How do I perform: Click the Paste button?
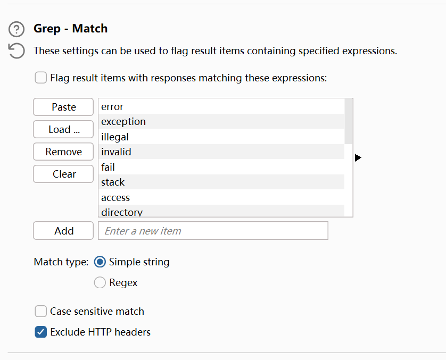pos(63,107)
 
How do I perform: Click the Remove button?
pos(63,152)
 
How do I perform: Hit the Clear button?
pos(63,174)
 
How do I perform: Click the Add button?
pos(63,231)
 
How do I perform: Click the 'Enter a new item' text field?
pos(213,231)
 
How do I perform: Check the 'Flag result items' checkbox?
pos(41,78)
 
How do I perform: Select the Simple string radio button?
pos(100,262)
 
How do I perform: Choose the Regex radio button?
pos(100,283)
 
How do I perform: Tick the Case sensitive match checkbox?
pos(41,311)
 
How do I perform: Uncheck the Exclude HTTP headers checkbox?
pos(41,332)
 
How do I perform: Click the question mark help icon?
pos(17,29)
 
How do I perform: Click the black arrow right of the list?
pos(358,158)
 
